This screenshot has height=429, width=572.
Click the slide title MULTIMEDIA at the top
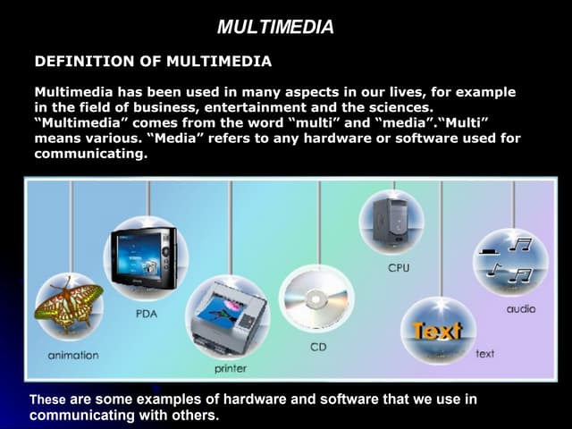coord(275,28)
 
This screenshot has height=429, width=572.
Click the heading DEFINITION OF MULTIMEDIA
coord(153,62)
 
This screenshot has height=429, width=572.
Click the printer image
coord(227,318)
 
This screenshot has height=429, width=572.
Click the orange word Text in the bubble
coord(437,331)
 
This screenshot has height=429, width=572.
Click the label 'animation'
coord(73,356)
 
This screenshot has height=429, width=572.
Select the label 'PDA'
coord(147,314)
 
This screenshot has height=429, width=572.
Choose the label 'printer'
coord(230,368)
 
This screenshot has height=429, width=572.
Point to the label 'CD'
coord(318,347)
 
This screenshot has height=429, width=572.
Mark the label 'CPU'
coord(399,268)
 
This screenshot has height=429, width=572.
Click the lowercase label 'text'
coord(484,354)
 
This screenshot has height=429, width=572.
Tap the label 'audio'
coord(520,308)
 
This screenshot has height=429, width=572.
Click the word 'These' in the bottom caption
coord(47,400)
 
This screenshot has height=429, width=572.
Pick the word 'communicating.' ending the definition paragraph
coord(90,154)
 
